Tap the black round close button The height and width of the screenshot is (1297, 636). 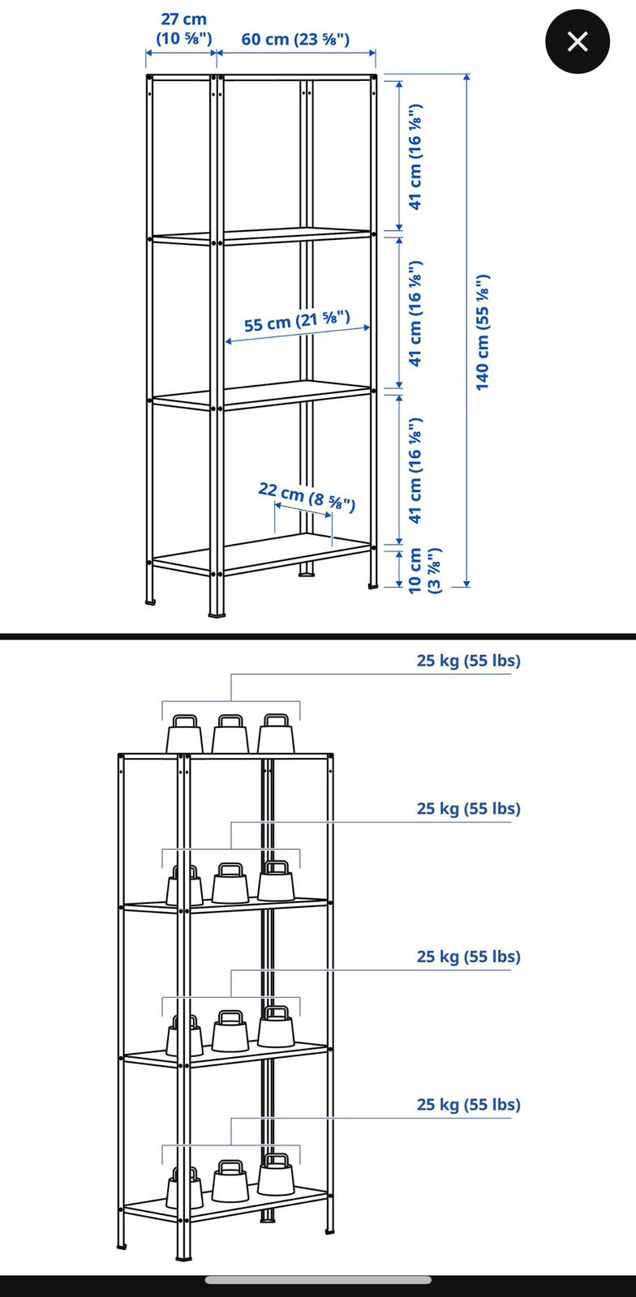578,41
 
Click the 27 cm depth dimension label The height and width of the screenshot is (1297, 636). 183,29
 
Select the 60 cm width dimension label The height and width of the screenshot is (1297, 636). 295,40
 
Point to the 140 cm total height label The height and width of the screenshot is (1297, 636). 483,332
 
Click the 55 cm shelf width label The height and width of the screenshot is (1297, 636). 297,321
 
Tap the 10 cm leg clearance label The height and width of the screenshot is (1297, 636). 424,570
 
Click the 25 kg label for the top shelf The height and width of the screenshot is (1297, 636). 469,661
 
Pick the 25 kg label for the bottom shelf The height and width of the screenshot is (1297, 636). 469,1105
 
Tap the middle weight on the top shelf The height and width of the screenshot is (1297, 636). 230,734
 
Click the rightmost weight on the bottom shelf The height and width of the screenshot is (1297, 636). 276,1174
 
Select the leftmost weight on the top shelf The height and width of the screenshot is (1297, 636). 185,734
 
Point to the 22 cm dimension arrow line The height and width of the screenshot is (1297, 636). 303,512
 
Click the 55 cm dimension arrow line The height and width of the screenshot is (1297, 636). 297,335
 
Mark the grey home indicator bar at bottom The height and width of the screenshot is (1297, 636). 318,1280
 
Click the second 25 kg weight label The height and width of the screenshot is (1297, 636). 469,809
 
